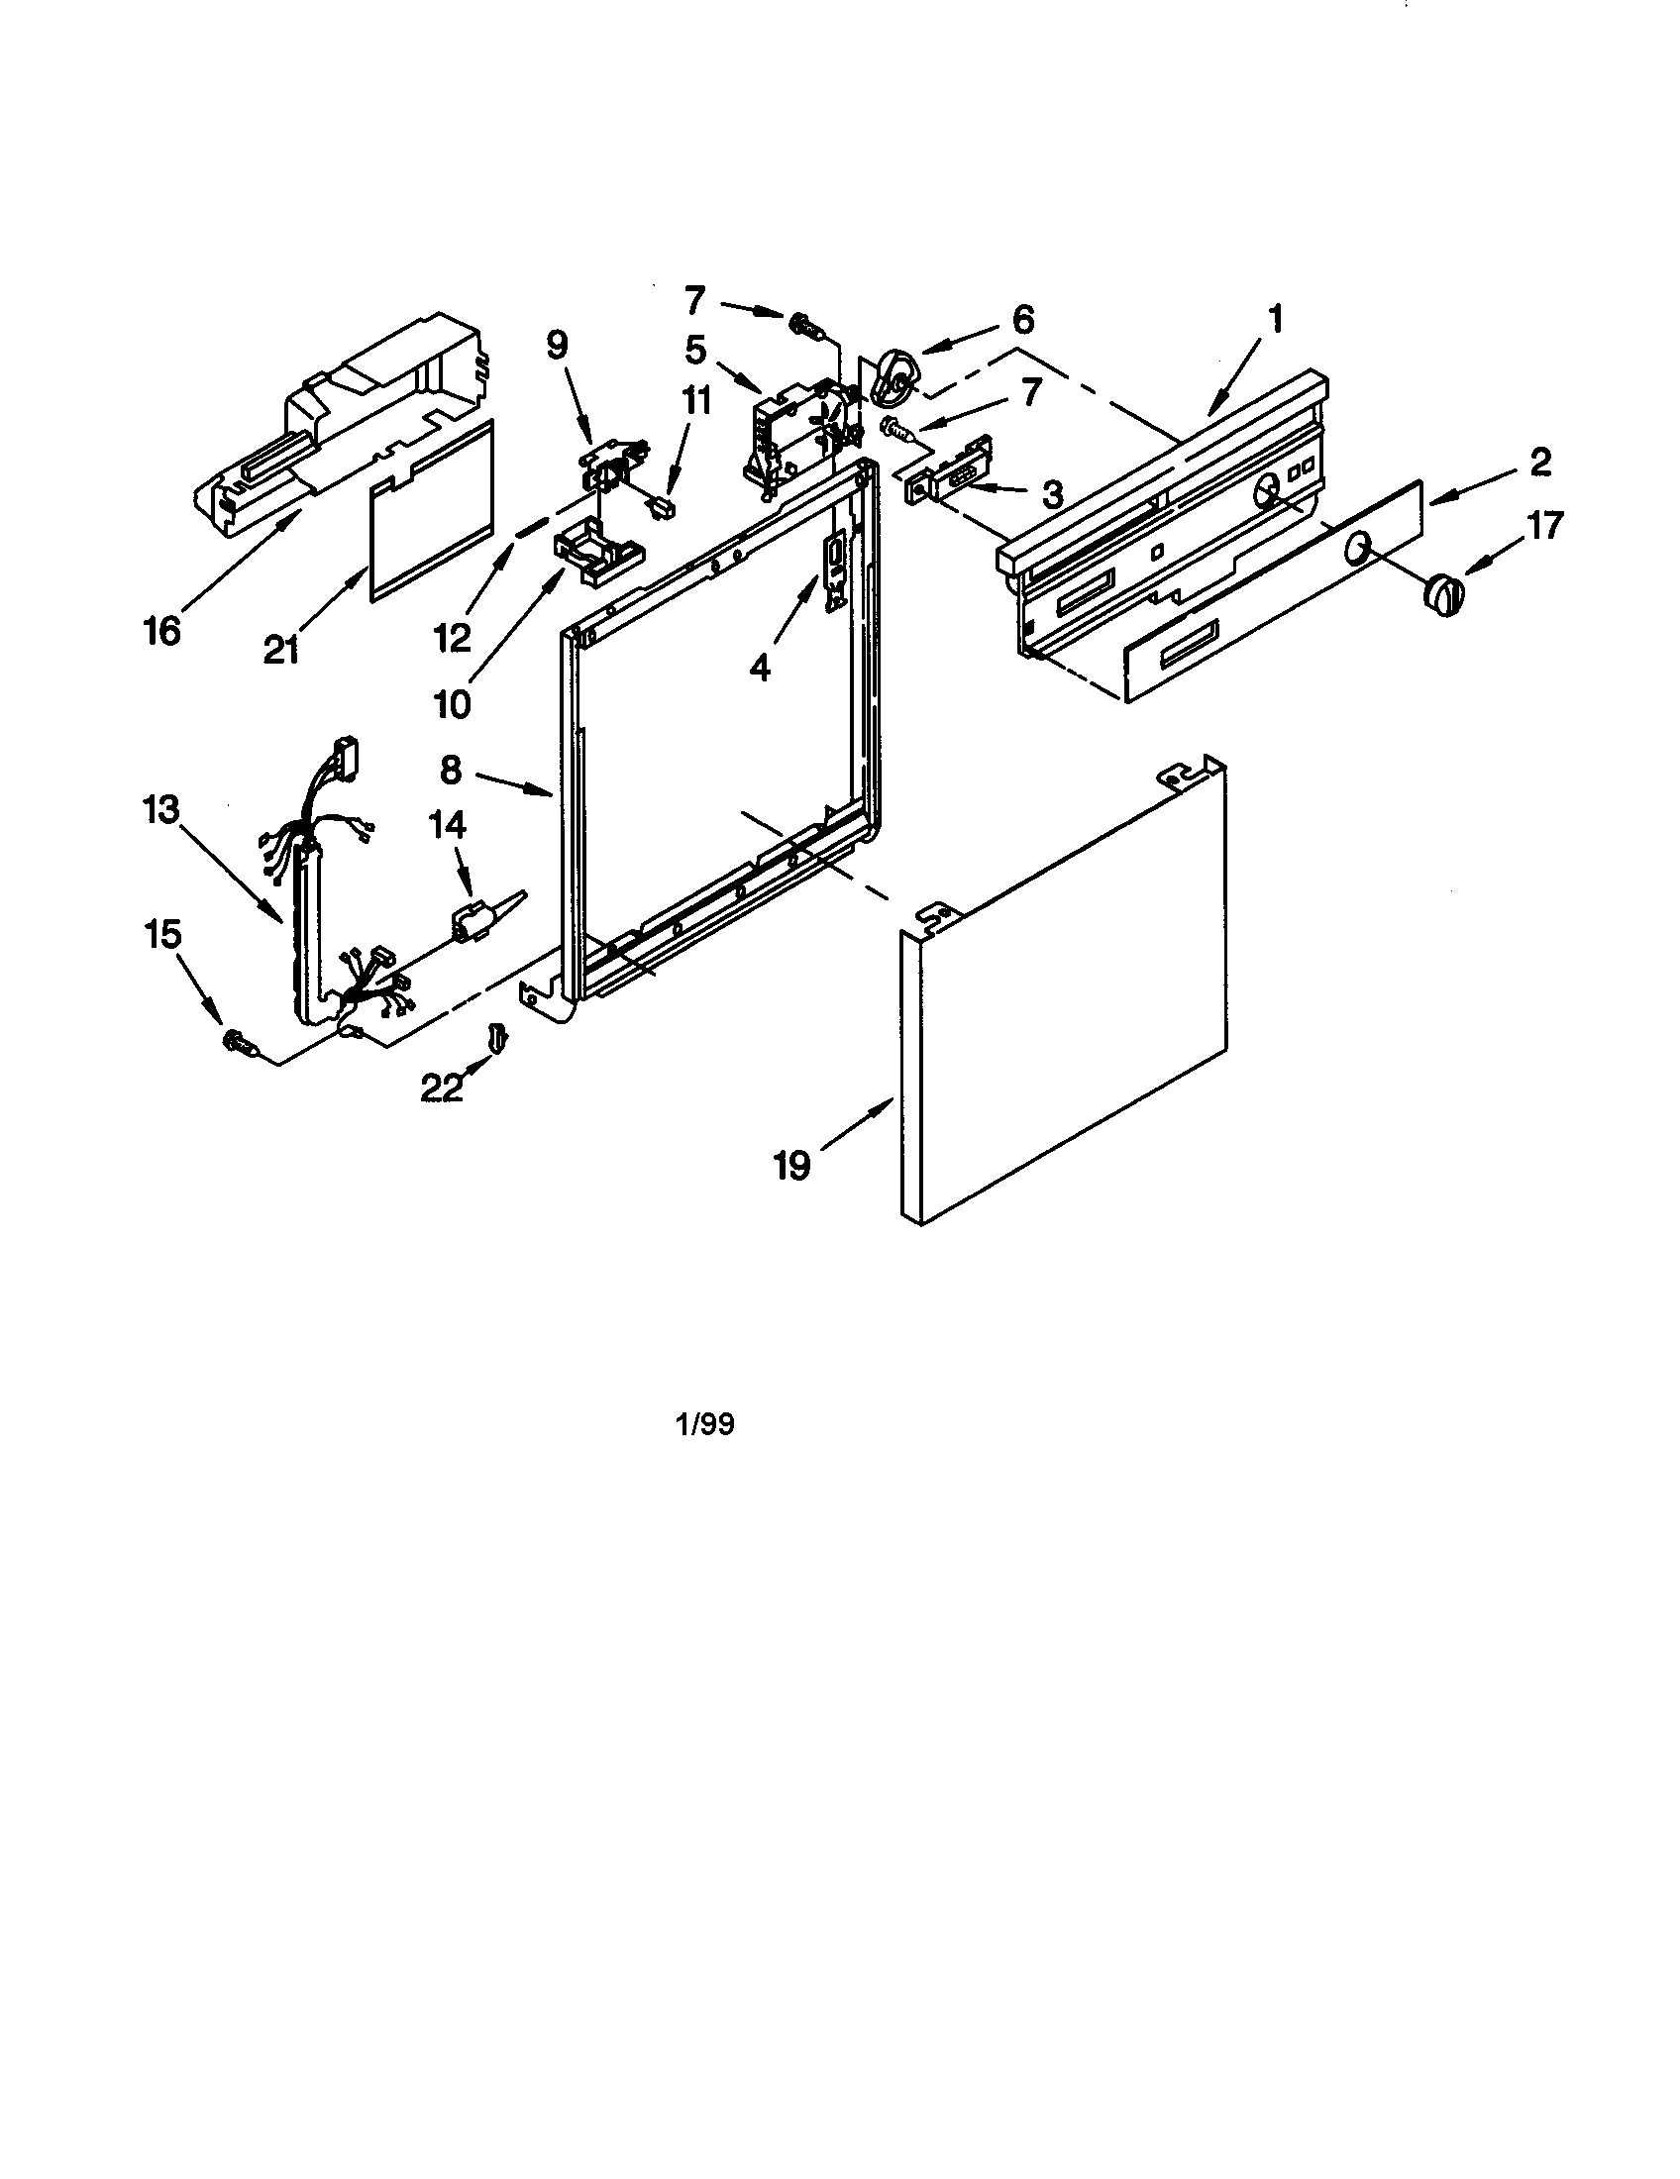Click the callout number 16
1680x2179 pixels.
162,631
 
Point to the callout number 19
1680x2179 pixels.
792,1166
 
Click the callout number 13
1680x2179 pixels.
159,810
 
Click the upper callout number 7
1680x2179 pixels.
694,298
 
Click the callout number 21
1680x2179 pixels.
282,651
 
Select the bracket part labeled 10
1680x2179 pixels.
596,555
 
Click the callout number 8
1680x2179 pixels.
451,772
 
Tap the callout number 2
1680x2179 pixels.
1539,462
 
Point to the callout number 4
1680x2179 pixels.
760,668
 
